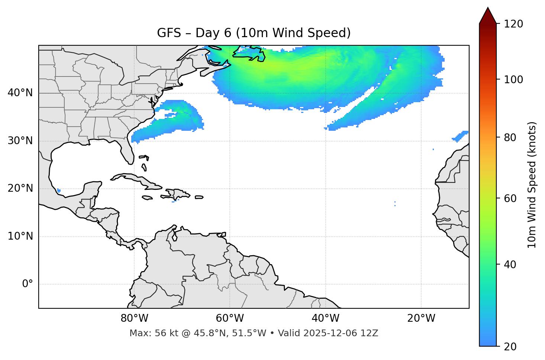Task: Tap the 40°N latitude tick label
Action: click(x=20, y=93)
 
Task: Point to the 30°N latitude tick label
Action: click(x=20, y=141)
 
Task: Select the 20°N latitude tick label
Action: click(x=20, y=188)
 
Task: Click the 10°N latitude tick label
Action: click(x=20, y=236)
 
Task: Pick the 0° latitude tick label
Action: click(x=28, y=284)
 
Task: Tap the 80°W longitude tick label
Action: click(x=134, y=318)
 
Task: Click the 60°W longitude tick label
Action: click(x=230, y=318)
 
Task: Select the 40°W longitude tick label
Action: click(x=325, y=318)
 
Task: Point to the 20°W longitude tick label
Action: click(x=421, y=318)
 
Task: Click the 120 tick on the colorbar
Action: click(x=513, y=24)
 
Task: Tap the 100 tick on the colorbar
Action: click(x=513, y=80)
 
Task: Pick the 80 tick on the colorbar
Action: click(x=510, y=137)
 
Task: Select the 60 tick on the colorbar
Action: click(x=510, y=198)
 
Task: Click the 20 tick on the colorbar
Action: click(x=510, y=347)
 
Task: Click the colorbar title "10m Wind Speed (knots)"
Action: click(x=532, y=185)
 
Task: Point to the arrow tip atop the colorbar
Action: click(x=488, y=8)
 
